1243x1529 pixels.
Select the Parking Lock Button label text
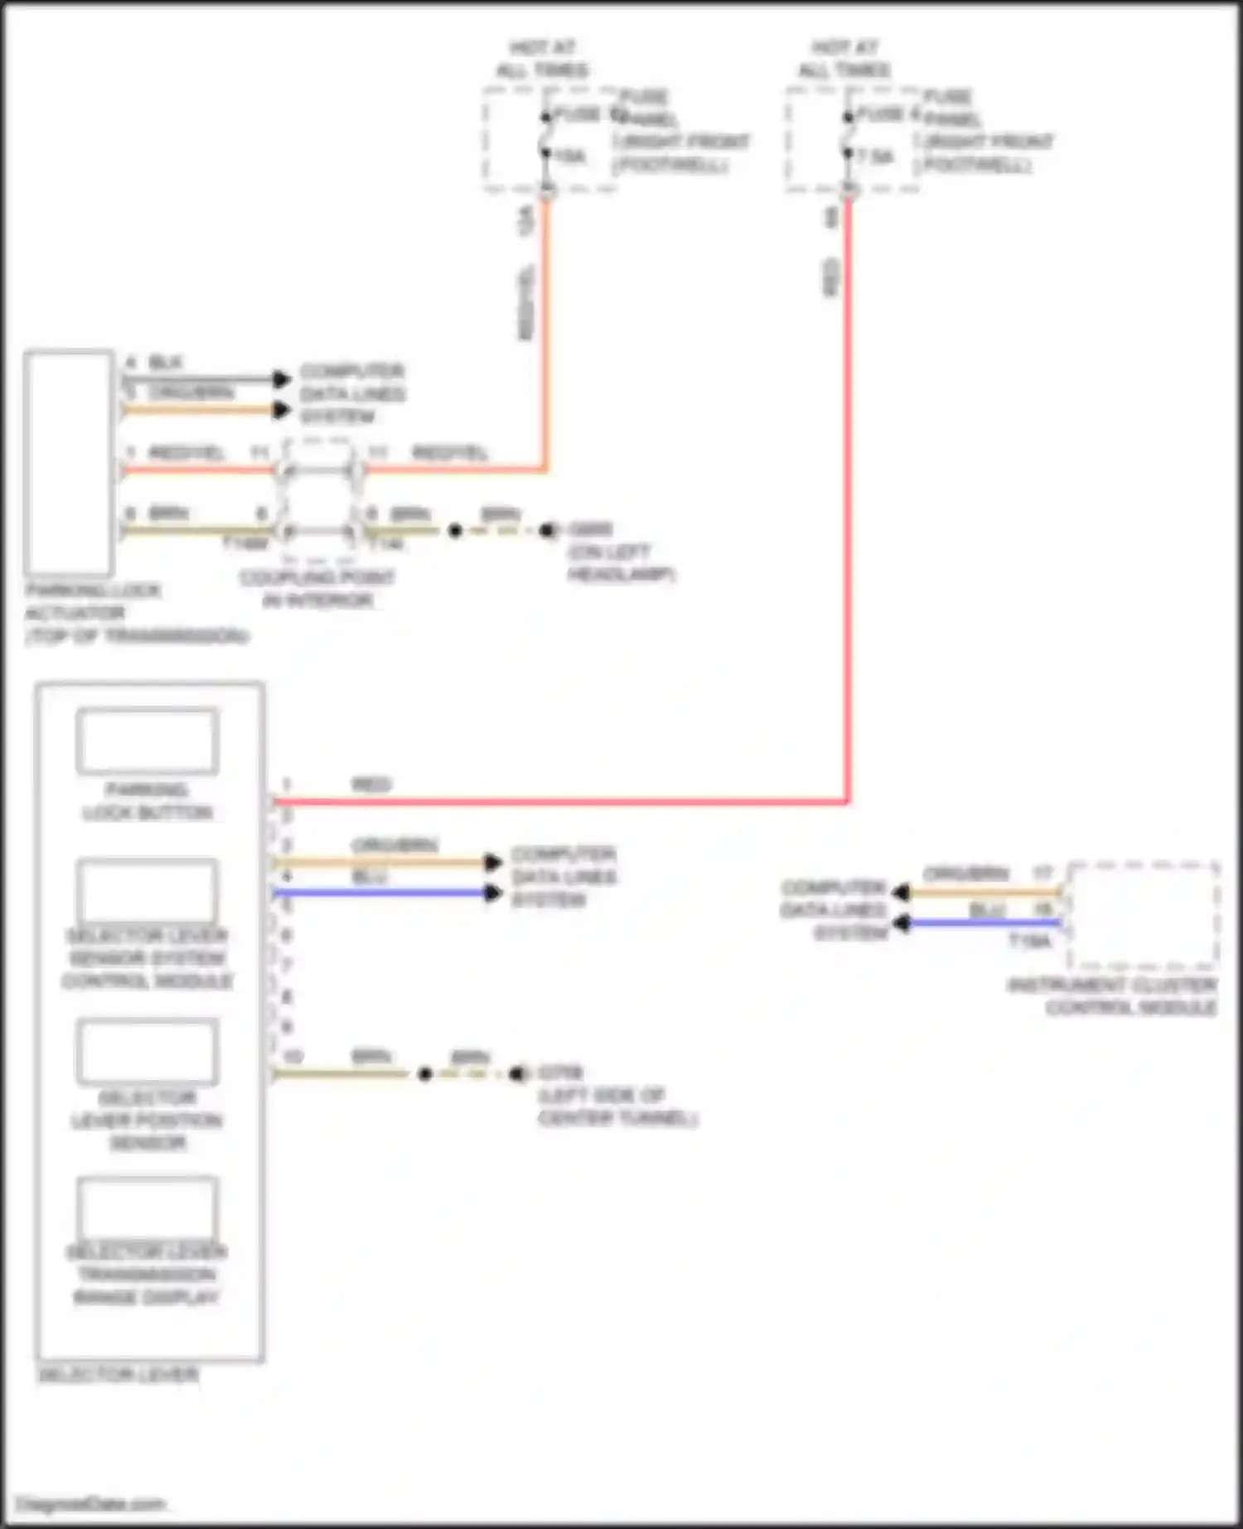pyautogui.click(x=147, y=801)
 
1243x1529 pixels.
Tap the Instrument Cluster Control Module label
pyautogui.click(x=1112, y=996)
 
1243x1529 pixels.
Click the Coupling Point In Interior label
pyautogui.click(x=317, y=589)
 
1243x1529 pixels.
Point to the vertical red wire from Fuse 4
pyautogui.click(x=848, y=497)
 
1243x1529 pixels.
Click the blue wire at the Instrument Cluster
pyautogui.click(x=986, y=923)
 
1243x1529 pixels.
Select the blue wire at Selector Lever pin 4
pyautogui.click(x=381, y=893)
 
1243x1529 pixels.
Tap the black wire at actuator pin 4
pyautogui.click(x=199, y=379)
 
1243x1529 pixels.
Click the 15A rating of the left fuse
pyautogui.click(x=570, y=157)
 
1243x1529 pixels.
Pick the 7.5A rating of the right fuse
pyautogui.click(x=875, y=157)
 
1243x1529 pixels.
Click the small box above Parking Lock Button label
pyautogui.click(x=148, y=740)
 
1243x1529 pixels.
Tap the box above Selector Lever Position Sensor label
pyautogui.click(x=148, y=1052)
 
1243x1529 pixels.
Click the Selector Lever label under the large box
pyautogui.click(x=118, y=1375)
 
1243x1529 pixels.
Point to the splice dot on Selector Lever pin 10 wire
pyautogui.click(x=425, y=1074)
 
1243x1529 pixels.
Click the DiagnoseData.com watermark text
pyautogui.click(x=90, y=1504)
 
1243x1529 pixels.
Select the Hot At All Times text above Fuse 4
pyautogui.click(x=844, y=58)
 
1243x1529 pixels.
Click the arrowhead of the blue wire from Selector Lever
pyautogui.click(x=494, y=893)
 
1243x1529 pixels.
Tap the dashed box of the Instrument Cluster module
pyautogui.click(x=1144, y=915)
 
